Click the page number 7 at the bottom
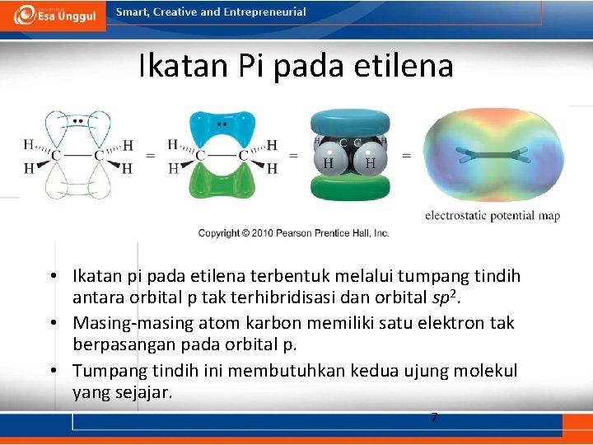tap(434, 418)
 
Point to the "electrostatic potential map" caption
tap(492, 216)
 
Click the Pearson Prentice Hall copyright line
tap(293, 233)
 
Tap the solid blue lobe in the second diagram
tap(222, 130)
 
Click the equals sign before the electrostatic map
tap(406, 154)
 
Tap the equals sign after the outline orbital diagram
tap(150, 154)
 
